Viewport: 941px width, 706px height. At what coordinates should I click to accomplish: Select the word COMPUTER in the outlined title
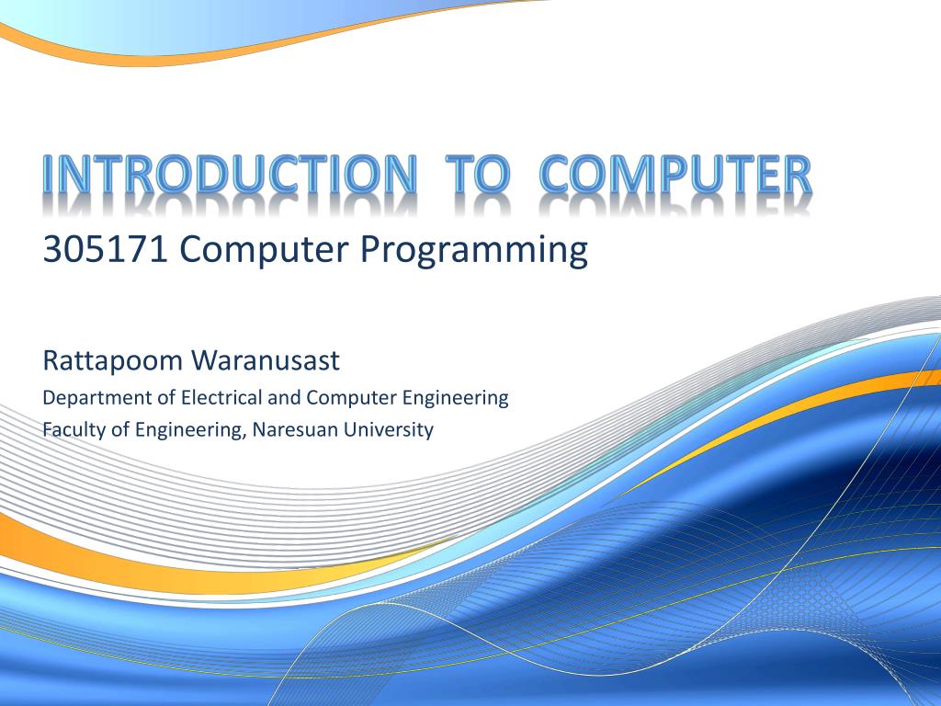[675, 175]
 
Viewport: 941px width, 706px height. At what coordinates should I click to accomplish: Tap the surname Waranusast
[265, 360]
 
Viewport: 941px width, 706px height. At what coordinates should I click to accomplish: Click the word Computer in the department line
[351, 398]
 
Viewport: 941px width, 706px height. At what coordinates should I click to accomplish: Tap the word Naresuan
[294, 428]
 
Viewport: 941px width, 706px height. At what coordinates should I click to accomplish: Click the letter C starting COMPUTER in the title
[557, 175]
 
